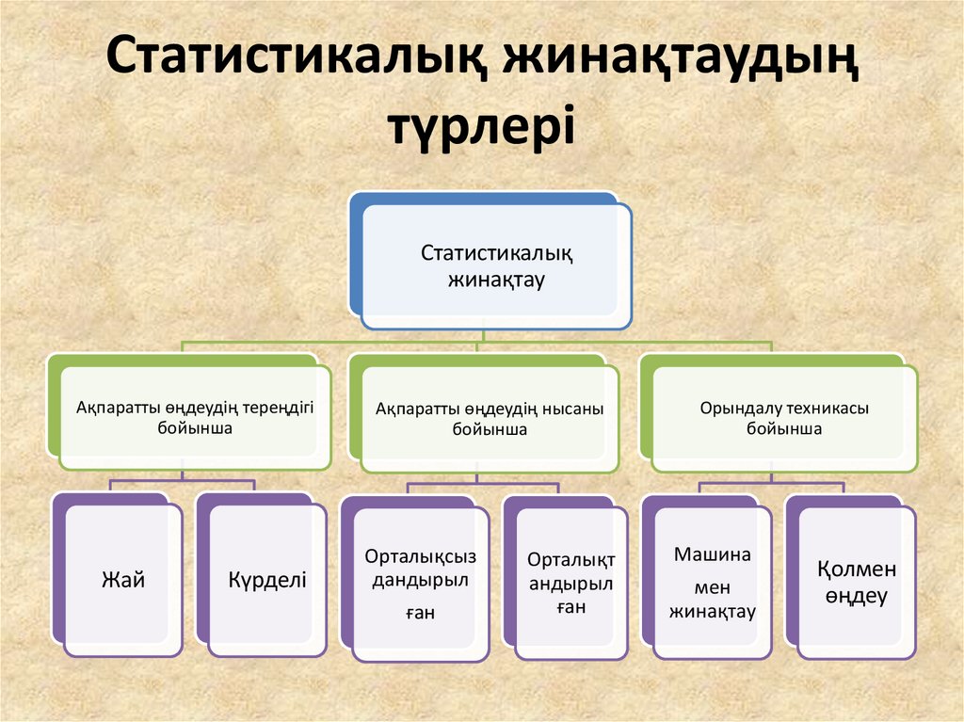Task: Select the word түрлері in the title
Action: [482, 126]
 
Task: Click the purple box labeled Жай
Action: [122, 580]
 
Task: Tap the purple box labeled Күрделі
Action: [267, 580]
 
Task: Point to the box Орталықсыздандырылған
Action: [420, 584]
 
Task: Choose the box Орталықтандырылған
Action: [570, 584]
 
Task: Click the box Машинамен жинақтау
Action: [713, 584]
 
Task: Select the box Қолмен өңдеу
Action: [856, 583]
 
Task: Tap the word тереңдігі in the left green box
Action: [278, 407]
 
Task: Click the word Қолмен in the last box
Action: [856, 570]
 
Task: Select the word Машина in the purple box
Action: [713, 554]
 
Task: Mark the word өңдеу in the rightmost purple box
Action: [856, 596]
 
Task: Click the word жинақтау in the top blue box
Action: [496, 280]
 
